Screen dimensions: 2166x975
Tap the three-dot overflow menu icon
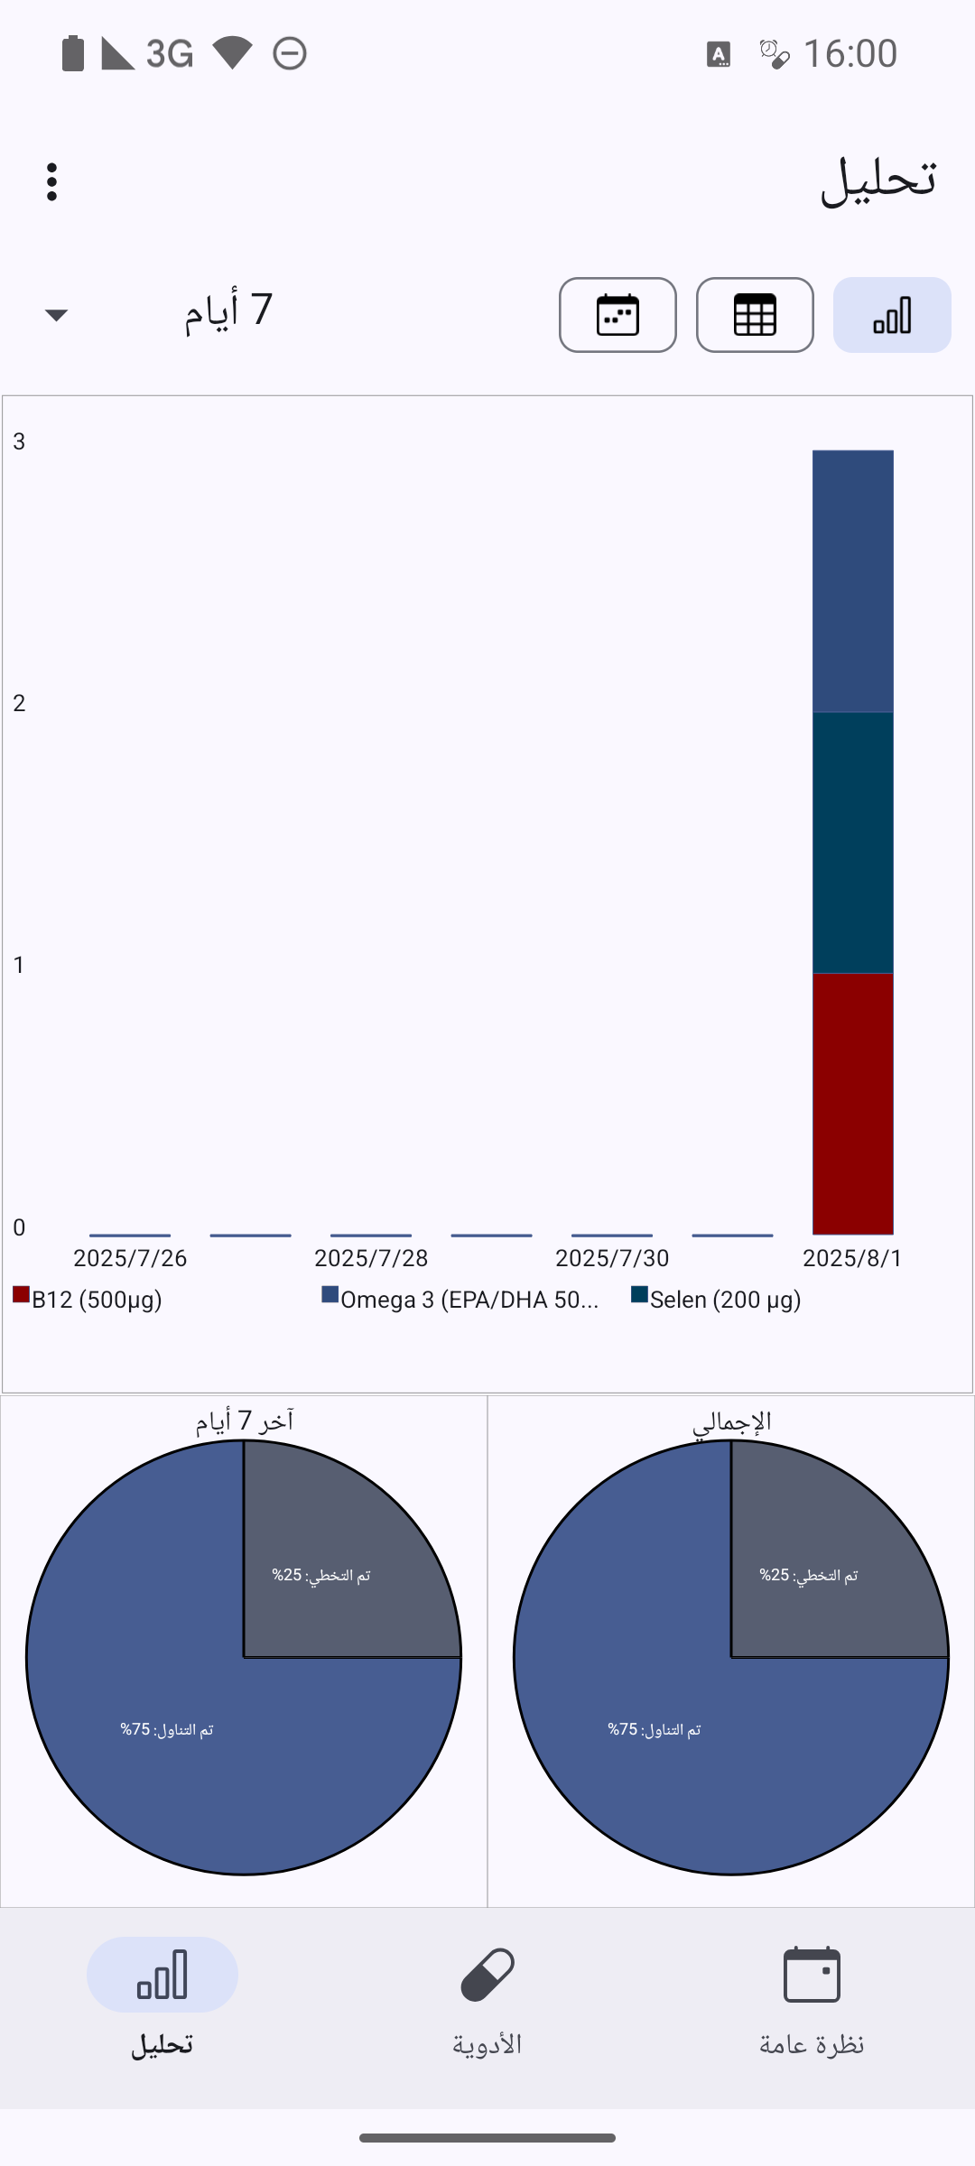point(52,182)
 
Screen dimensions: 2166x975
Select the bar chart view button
point(892,315)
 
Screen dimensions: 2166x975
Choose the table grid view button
point(755,315)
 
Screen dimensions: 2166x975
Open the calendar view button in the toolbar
point(617,315)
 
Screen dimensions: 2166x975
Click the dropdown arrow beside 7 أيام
point(56,315)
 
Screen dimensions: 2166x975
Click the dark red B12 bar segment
point(852,1103)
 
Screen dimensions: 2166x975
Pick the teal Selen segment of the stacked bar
point(852,842)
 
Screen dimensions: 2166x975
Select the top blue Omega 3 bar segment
point(852,581)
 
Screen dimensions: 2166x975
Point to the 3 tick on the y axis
point(19,441)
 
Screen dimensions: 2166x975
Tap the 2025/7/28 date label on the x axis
point(371,1258)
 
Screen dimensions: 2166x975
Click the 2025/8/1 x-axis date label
point(852,1258)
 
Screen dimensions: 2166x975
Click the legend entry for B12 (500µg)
point(88,1300)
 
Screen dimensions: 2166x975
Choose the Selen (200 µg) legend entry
point(717,1300)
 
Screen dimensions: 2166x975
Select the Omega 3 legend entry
point(460,1300)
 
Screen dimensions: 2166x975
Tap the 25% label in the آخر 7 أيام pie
point(321,1575)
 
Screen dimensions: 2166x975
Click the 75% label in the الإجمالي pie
point(655,1729)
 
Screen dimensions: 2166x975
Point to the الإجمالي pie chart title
point(731,1422)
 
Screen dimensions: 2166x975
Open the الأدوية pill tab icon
point(487,1975)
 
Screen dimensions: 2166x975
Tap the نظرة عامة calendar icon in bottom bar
point(812,1975)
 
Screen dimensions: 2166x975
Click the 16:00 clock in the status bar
point(850,54)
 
